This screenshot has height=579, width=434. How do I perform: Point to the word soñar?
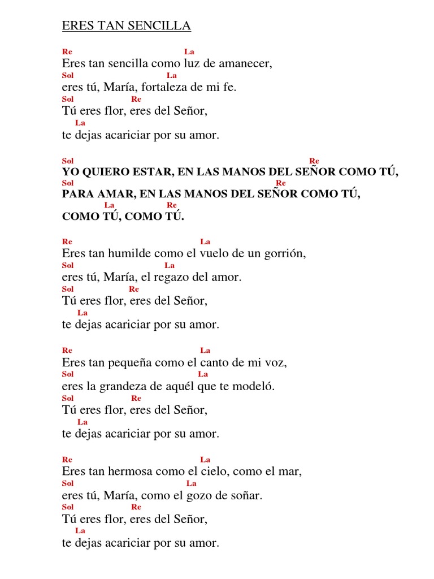(x=248, y=496)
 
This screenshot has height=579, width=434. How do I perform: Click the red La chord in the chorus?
(x=110, y=205)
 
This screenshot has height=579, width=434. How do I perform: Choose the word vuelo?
(x=210, y=254)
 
